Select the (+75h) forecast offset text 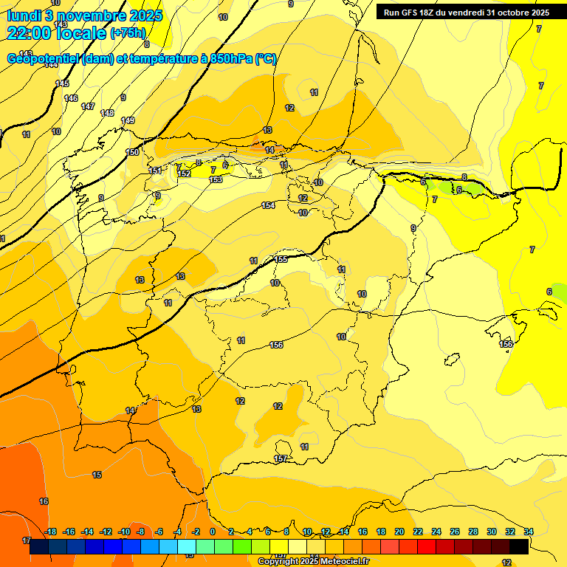(x=128, y=33)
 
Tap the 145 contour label (x=62, y=83)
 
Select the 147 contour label (x=88, y=107)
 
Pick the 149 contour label (x=128, y=120)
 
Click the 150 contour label (x=132, y=152)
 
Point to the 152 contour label (x=185, y=173)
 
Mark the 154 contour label (x=268, y=205)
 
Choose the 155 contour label (x=281, y=259)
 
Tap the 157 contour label (x=281, y=459)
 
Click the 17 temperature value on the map (x=27, y=540)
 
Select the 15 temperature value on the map (x=97, y=475)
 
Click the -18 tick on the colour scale (x=51, y=532)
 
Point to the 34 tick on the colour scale (x=529, y=532)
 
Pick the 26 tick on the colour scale (x=455, y=532)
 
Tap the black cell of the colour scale (x=519, y=546)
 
